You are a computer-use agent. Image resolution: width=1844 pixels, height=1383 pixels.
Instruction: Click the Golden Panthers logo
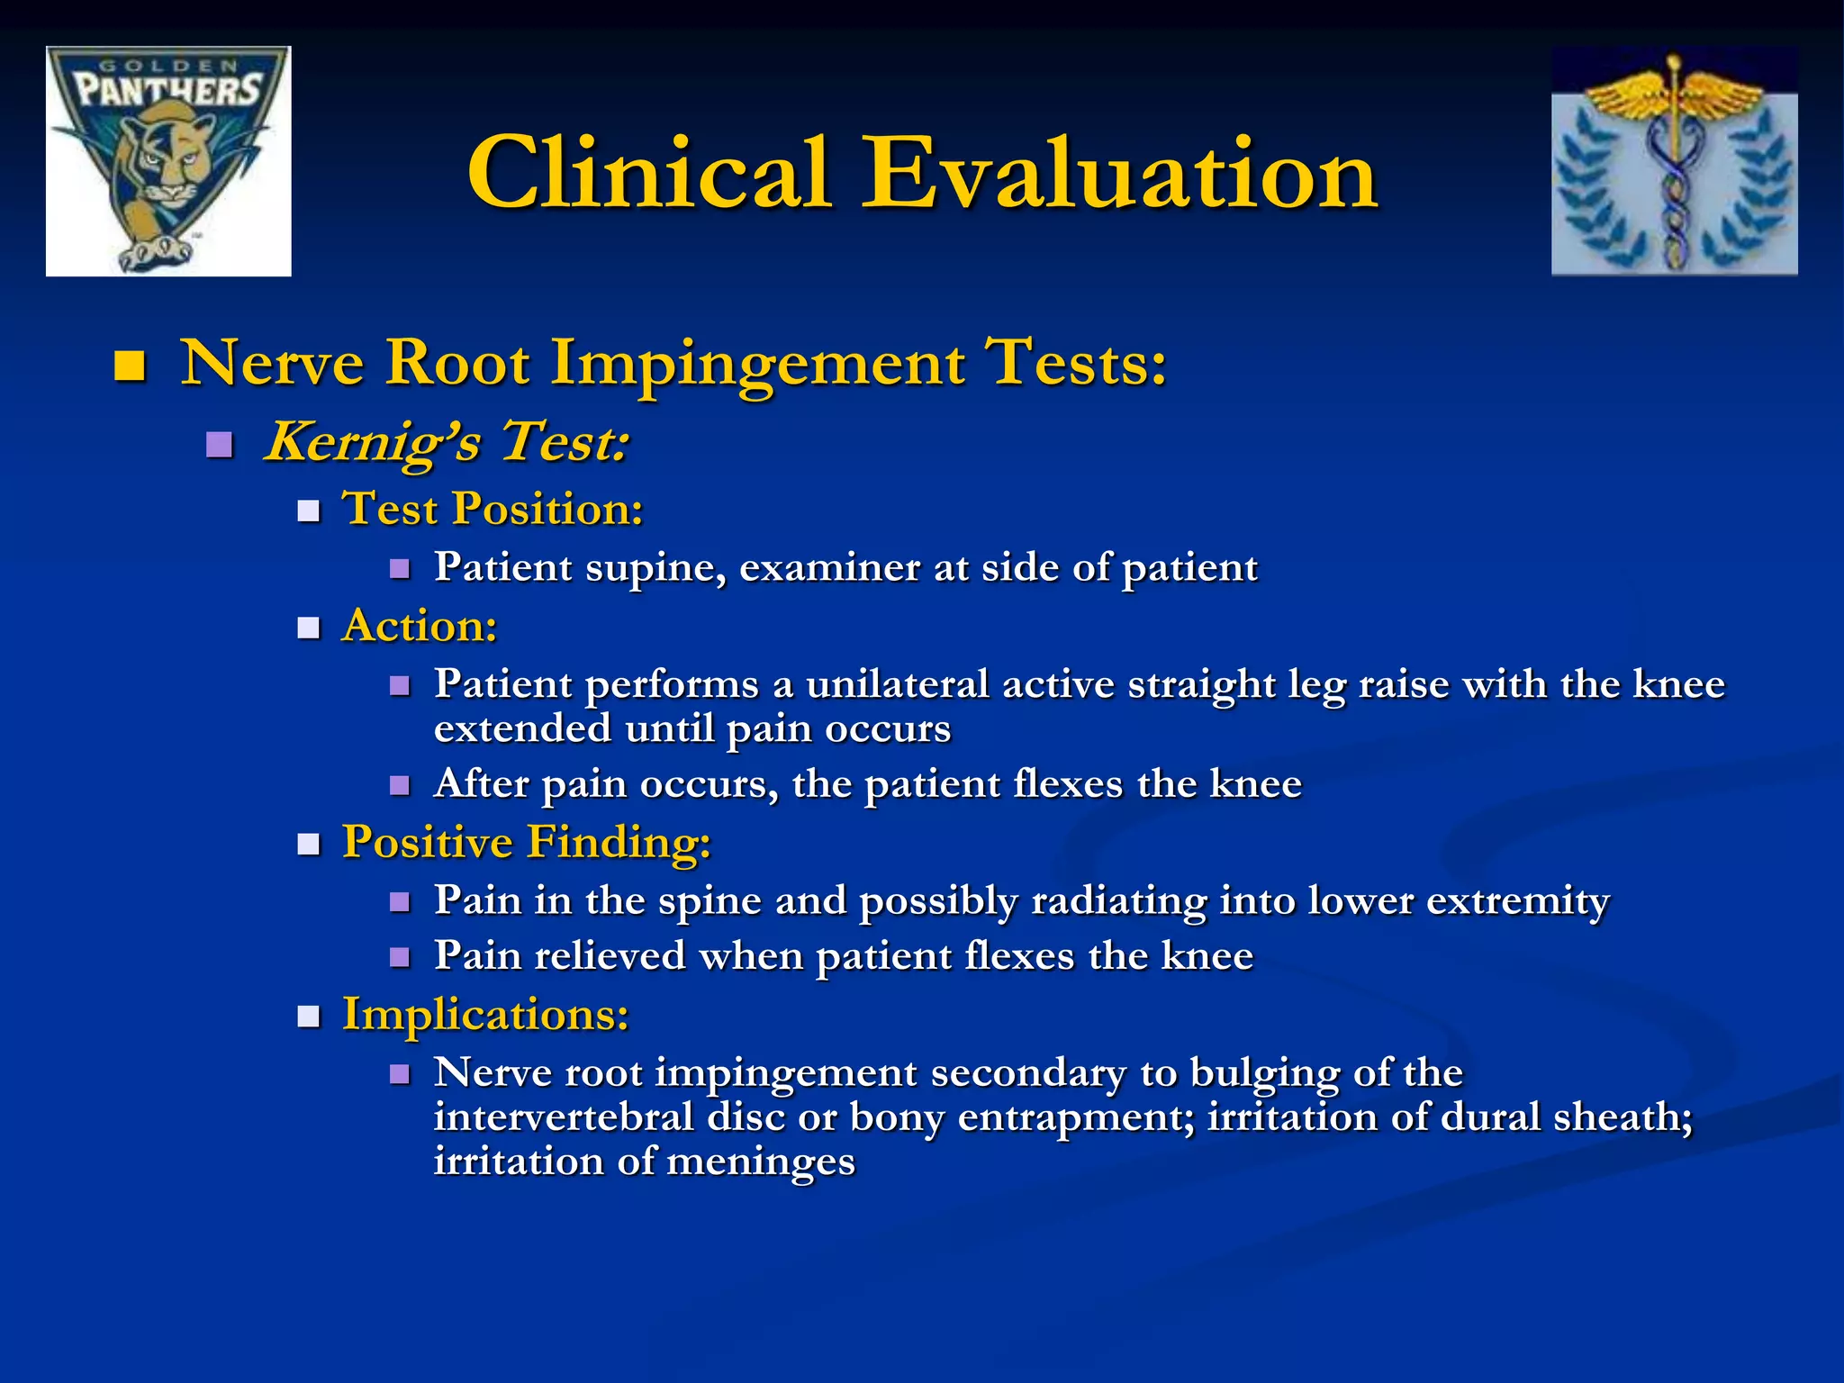[168, 160]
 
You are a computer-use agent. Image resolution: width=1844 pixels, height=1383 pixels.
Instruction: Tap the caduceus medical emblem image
[1674, 160]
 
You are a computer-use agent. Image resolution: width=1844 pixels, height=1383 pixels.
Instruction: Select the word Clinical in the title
[647, 173]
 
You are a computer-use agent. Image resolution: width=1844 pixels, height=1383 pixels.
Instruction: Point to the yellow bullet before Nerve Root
[131, 366]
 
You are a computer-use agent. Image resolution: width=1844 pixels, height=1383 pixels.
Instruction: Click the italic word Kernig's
[373, 442]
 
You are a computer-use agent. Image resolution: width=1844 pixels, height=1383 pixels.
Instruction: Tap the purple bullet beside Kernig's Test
[219, 445]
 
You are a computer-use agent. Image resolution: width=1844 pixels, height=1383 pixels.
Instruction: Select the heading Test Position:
[493, 509]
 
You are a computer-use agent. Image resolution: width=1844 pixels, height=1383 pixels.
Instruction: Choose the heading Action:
[419, 626]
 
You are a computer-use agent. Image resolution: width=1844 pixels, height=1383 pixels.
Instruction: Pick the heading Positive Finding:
[526, 843]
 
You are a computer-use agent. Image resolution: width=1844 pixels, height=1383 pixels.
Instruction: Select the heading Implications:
[484, 1015]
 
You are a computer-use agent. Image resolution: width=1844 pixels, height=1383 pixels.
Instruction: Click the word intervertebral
[564, 1117]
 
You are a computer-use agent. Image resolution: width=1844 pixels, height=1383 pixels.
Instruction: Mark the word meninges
[760, 1162]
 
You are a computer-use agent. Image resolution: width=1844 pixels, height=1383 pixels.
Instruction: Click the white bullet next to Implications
[309, 1017]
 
